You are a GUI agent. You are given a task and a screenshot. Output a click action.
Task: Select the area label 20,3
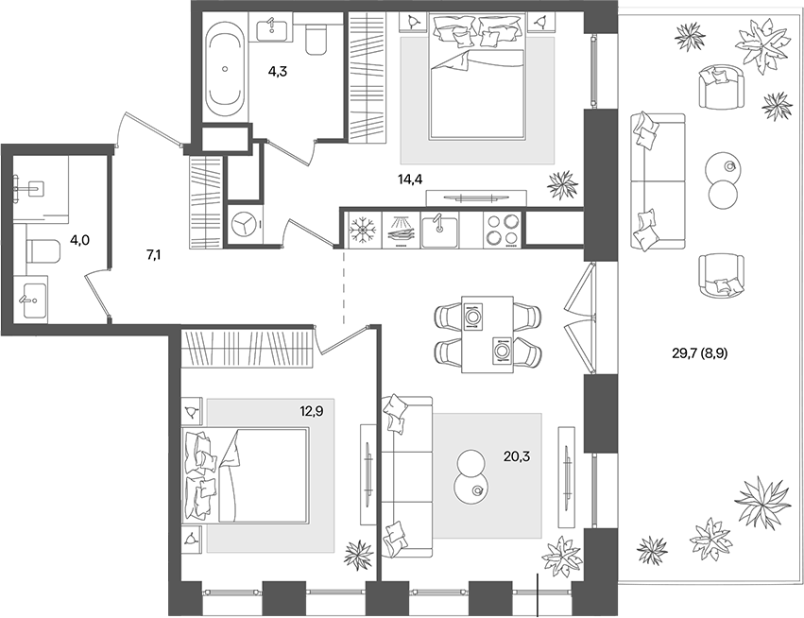point(518,456)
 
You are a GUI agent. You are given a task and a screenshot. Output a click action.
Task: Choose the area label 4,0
point(80,241)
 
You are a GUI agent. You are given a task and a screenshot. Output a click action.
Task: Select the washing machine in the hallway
point(245,227)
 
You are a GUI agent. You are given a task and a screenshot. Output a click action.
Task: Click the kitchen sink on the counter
point(439,229)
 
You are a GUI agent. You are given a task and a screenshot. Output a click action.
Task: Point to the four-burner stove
point(502,229)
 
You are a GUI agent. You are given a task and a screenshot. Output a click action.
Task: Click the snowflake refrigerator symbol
point(361,229)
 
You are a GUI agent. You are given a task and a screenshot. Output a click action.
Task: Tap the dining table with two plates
point(487,335)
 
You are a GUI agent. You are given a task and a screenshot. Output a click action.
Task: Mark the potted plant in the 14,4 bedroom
point(563,183)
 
